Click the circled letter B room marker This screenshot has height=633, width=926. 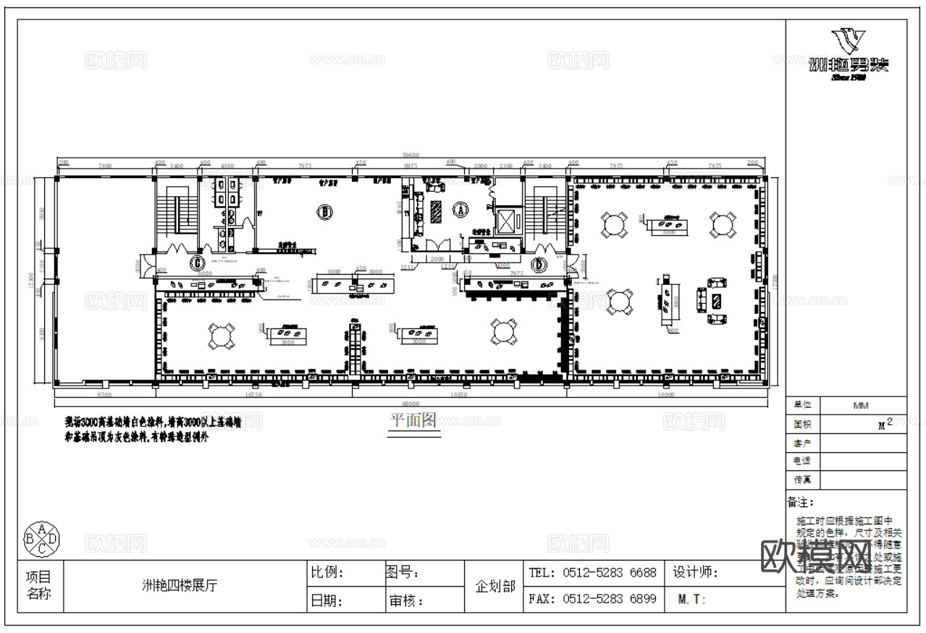click(x=325, y=211)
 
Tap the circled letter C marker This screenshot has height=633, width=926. click(x=197, y=263)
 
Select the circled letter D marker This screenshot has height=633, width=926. click(x=539, y=265)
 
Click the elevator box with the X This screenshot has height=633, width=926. click(x=507, y=218)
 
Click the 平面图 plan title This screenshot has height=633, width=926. click(x=413, y=420)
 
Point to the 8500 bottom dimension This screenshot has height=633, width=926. click(x=104, y=395)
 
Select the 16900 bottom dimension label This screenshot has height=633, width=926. click(x=665, y=395)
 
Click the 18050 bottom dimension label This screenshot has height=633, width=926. click(x=458, y=395)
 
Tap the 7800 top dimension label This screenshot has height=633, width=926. click(x=105, y=166)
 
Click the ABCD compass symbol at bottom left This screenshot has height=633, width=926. click(x=43, y=538)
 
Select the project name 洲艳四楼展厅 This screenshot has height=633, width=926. click(x=179, y=586)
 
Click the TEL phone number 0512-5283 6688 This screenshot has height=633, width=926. click(x=592, y=572)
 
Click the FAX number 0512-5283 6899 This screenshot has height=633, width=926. click(x=592, y=599)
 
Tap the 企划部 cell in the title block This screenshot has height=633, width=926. click(x=494, y=586)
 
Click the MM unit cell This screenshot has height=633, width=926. click(x=860, y=405)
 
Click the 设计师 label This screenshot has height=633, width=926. click(x=695, y=572)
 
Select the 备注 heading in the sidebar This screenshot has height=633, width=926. click(x=801, y=501)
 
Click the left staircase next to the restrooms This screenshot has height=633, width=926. click(x=176, y=210)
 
